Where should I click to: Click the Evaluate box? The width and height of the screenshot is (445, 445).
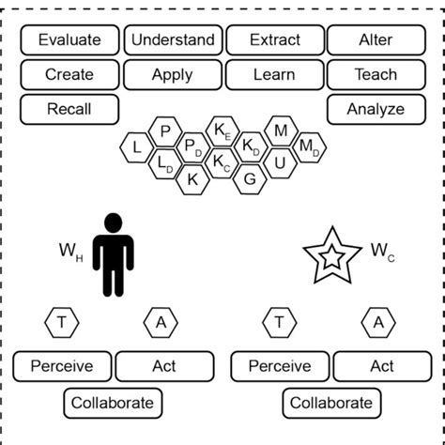tap(69, 40)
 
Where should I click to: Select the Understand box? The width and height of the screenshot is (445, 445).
tap(173, 40)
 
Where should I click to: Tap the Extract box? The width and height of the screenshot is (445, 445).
tap(275, 40)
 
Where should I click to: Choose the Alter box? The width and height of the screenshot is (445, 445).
tap(376, 40)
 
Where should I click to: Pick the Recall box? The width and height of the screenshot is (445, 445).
tap(69, 109)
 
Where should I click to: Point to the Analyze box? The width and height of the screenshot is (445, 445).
tap(376, 109)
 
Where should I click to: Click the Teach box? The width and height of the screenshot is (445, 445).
tap(376, 74)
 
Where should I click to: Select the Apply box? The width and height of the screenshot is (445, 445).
tap(173, 74)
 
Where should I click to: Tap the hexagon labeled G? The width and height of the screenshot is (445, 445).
tap(250, 178)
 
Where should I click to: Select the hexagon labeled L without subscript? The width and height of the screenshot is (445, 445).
tap(137, 147)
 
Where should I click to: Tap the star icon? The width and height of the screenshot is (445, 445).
tap(332, 254)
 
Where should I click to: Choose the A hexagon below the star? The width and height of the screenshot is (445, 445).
tap(378, 323)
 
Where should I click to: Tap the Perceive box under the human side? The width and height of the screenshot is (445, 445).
tap(62, 366)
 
